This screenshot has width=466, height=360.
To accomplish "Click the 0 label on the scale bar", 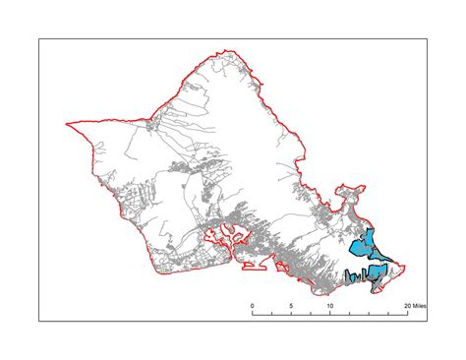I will [x=253, y=306].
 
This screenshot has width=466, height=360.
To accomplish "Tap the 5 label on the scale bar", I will [x=291, y=306].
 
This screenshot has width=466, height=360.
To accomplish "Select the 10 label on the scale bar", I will [x=330, y=306].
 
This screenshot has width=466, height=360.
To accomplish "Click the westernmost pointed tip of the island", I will [x=66, y=125].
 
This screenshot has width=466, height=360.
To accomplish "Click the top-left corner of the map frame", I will [x=39, y=38].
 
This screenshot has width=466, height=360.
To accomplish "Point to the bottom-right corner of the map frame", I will [x=428, y=322].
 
